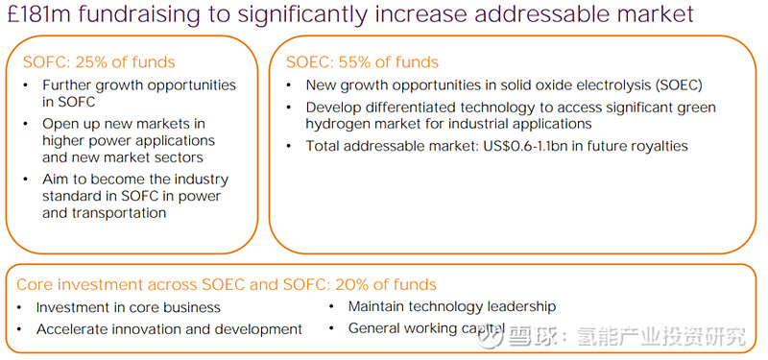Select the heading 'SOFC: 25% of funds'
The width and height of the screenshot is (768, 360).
tap(99, 62)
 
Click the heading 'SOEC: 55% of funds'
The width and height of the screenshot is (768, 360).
tap(362, 62)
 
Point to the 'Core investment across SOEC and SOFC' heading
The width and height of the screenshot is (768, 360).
tap(163, 284)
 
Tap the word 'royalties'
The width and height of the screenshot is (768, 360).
tap(656, 146)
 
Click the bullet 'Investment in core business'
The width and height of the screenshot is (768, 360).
tap(129, 307)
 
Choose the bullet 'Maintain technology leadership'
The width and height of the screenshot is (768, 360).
tap(451, 306)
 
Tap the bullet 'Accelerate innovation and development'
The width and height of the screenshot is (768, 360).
tap(169, 329)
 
